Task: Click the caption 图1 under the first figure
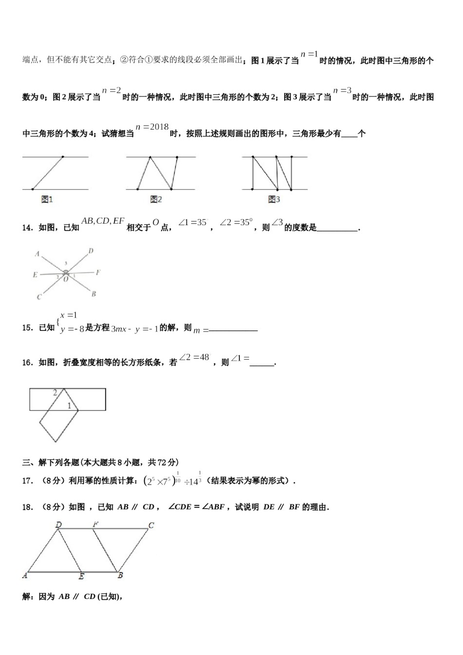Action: point(47,199)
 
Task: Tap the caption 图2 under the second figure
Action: point(156,199)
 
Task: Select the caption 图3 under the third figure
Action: point(274,199)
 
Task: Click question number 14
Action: point(28,228)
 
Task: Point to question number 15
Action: point(28,328)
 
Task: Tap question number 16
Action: point(28,363)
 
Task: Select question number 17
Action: point(28,481)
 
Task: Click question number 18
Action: point(28,507)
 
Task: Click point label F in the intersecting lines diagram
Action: point(98,272)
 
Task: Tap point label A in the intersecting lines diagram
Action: point(37,254)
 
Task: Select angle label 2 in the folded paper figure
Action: point(55,392)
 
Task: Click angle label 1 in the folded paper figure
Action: point(69,405)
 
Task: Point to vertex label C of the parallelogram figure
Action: point(152,525)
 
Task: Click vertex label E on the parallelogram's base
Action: point(81,577)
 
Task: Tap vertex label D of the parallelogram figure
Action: point(58,525)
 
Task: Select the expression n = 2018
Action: point(152,127)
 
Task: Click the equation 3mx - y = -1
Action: point(135,329)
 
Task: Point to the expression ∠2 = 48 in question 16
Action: point(194,357)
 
